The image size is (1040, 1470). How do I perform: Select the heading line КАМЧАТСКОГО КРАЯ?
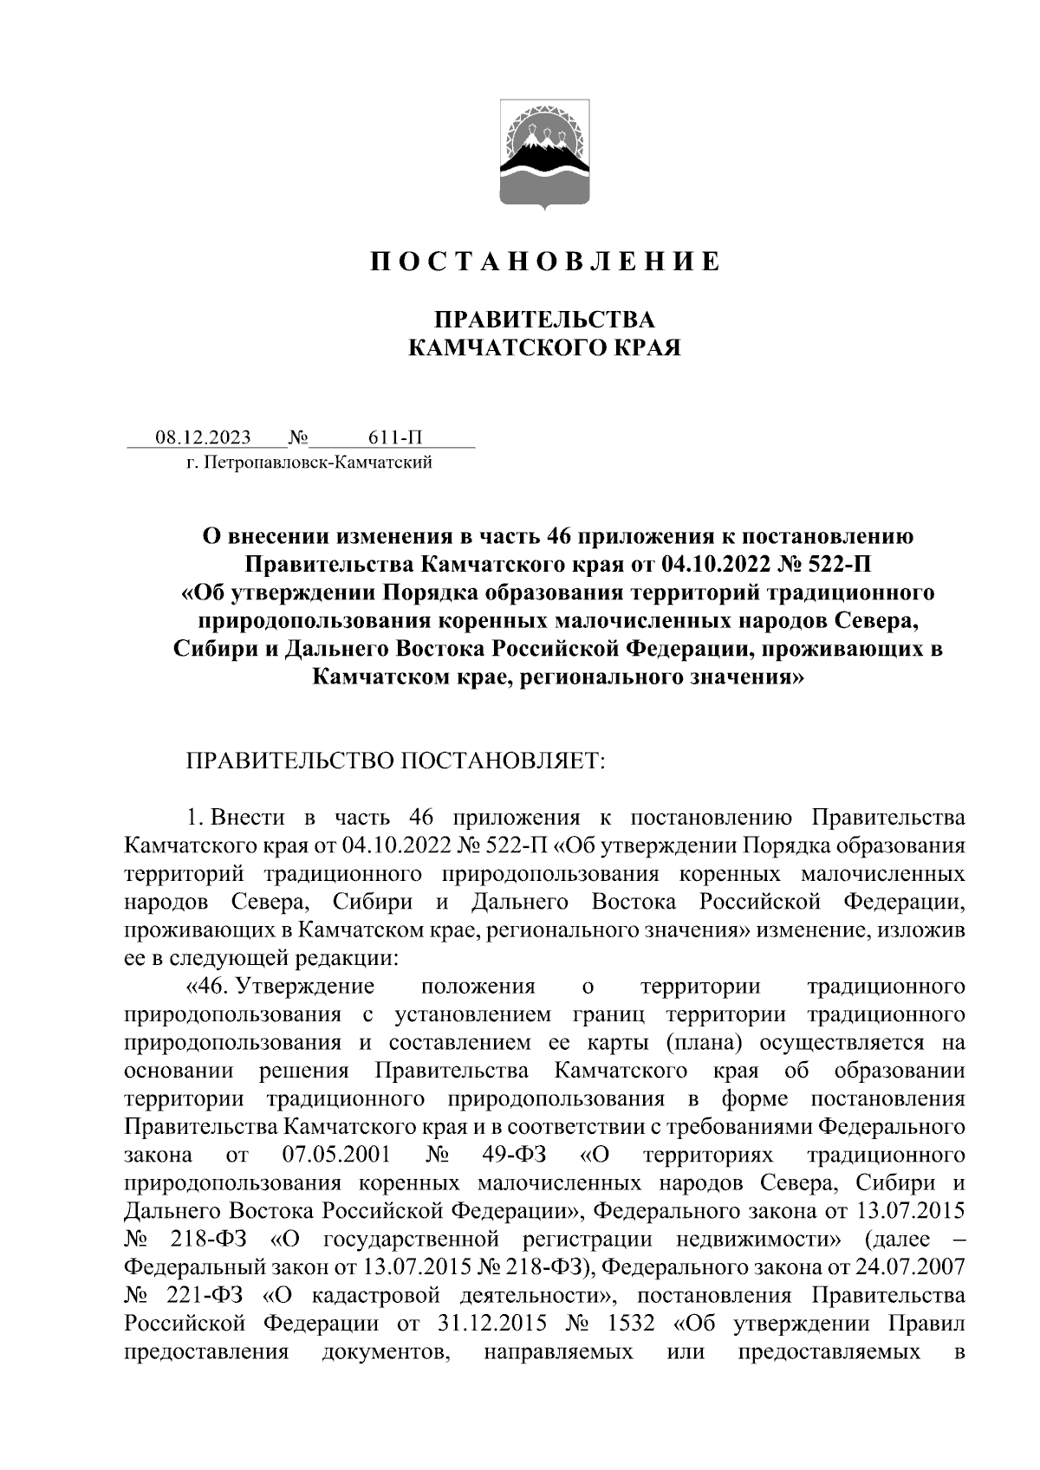(x=544, y=348)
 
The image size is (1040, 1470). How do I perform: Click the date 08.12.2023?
(x=203, y=437)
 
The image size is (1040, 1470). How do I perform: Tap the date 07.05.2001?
(x=335, y=1155)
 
